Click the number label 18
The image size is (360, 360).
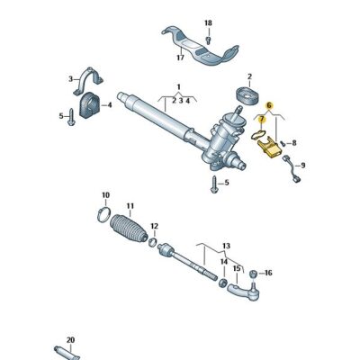pyautogui.click(x=208, y=22)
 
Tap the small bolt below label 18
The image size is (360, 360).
pyautogui.click(x=208, y=39)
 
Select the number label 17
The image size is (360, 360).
pyautogui.click(x=180, y=58)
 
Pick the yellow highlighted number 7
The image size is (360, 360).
pyautogui.click(x=262, y=119)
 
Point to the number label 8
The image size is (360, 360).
pyautogui.click(x=293, y=142)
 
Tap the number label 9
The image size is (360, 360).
pyautogui.click(x=302, y=166)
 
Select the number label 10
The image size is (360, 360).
pyautogui.click(x=105, y=195)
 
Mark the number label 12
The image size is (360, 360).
pyautogui.click(x=155, y=226)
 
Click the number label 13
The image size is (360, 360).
pyautogui.click(x=227, y=245)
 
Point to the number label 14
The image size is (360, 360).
pyautogui.click(x=224, y=262)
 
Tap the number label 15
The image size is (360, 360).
pyautogui.click(x=237, y=268)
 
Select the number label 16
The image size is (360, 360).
pyautogui.click(x=267, y=272)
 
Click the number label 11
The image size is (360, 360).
pyautogui.click(x=130, y=206)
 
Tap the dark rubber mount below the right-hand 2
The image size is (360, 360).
pyautogui.click(x=243, y=95)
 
